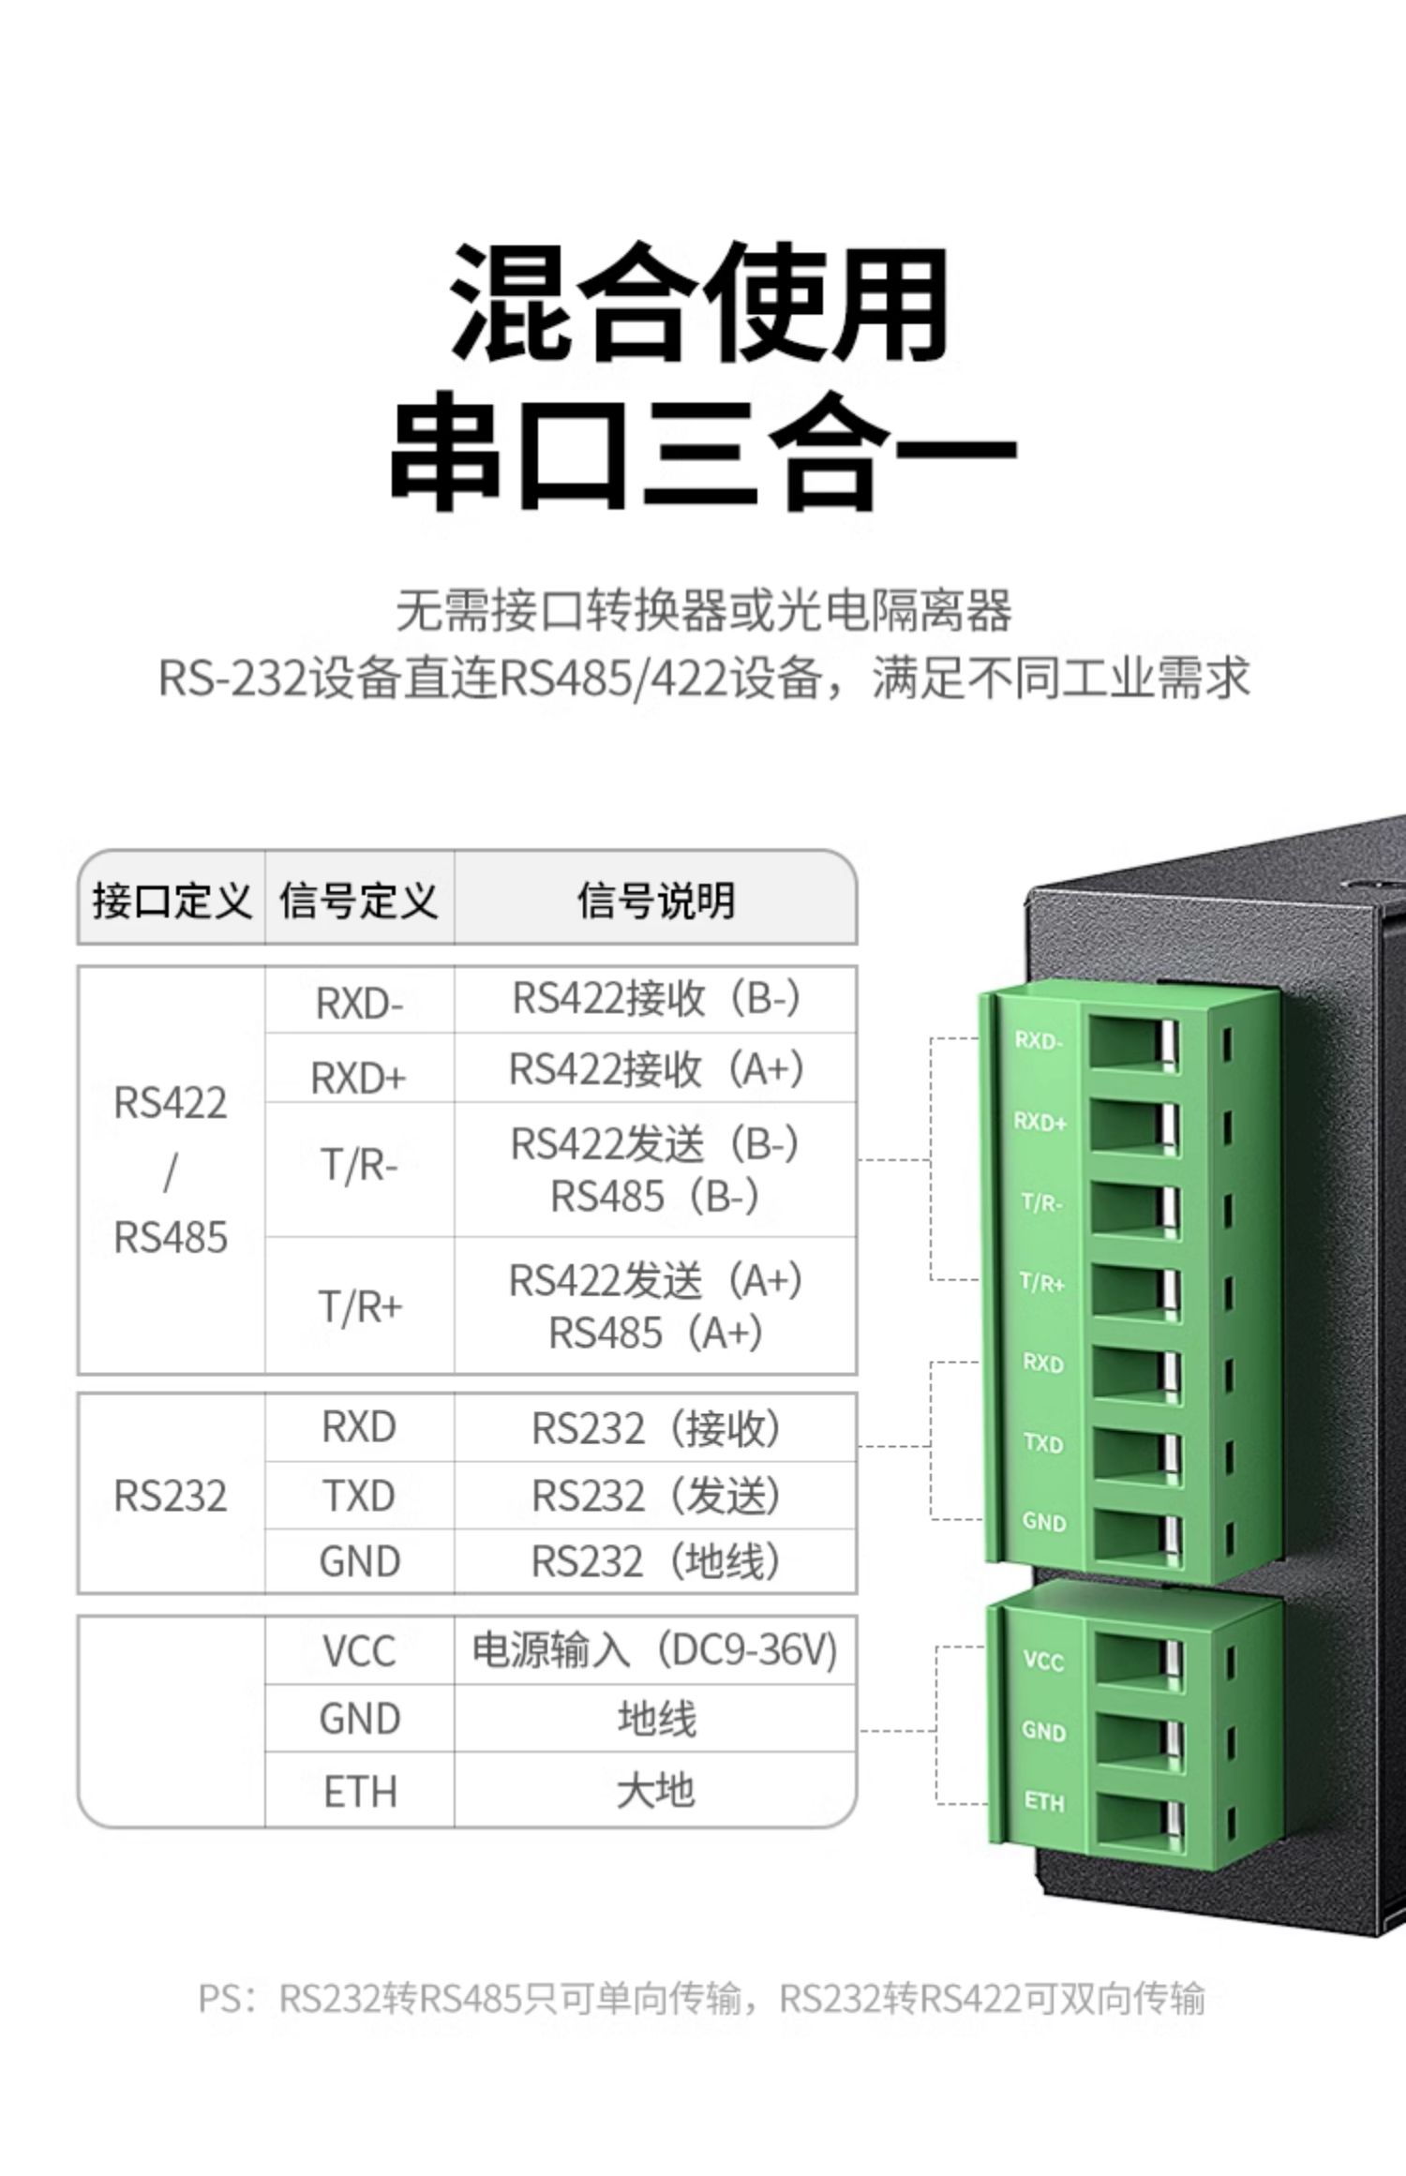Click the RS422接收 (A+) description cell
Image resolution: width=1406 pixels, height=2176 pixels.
coord(655,1069)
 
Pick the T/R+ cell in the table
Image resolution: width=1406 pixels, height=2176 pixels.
coord(360,1305)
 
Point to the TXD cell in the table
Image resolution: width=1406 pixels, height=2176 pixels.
coord(359,1496)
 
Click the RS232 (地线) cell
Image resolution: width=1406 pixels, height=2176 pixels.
coord(655,1561)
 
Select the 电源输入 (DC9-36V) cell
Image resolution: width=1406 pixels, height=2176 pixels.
coord(655,1650)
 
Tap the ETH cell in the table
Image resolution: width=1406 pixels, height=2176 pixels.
coord(360,1792)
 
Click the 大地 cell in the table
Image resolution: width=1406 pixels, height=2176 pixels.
coord(655,1792)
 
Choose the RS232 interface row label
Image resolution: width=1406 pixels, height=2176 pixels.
coord(171,1496)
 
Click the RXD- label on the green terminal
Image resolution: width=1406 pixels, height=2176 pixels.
coord(1038,1040)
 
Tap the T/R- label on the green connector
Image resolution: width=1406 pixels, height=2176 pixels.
coord(1040,1202)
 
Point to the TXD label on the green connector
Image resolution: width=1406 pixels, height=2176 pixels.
coord(1042,1442)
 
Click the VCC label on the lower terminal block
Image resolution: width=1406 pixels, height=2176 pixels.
coord(1043,1662)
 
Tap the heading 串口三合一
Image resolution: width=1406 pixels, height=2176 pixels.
coord(703,452)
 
